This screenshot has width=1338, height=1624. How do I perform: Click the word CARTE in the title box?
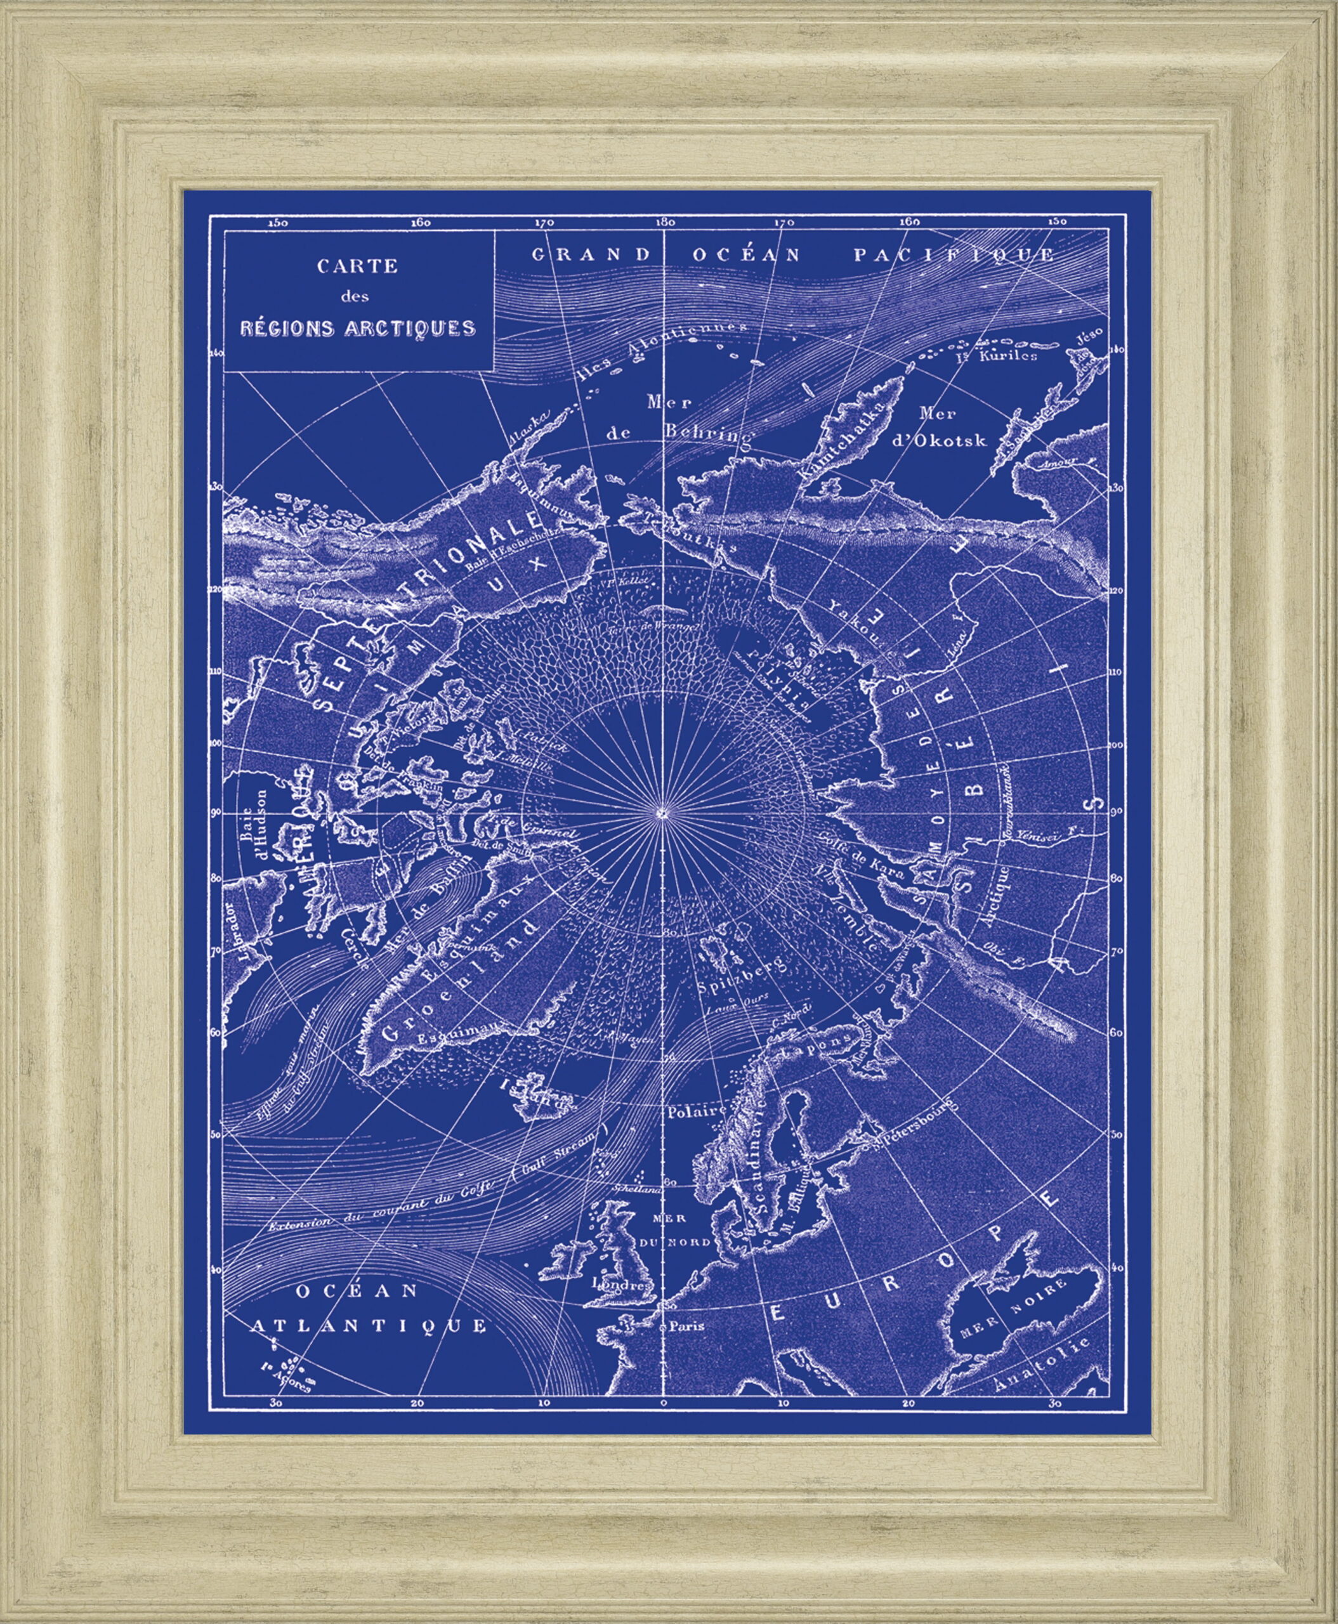[357, 266]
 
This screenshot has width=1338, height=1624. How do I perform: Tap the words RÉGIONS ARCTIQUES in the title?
[357, 327]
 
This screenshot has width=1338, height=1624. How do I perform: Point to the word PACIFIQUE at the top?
[953, 255]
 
